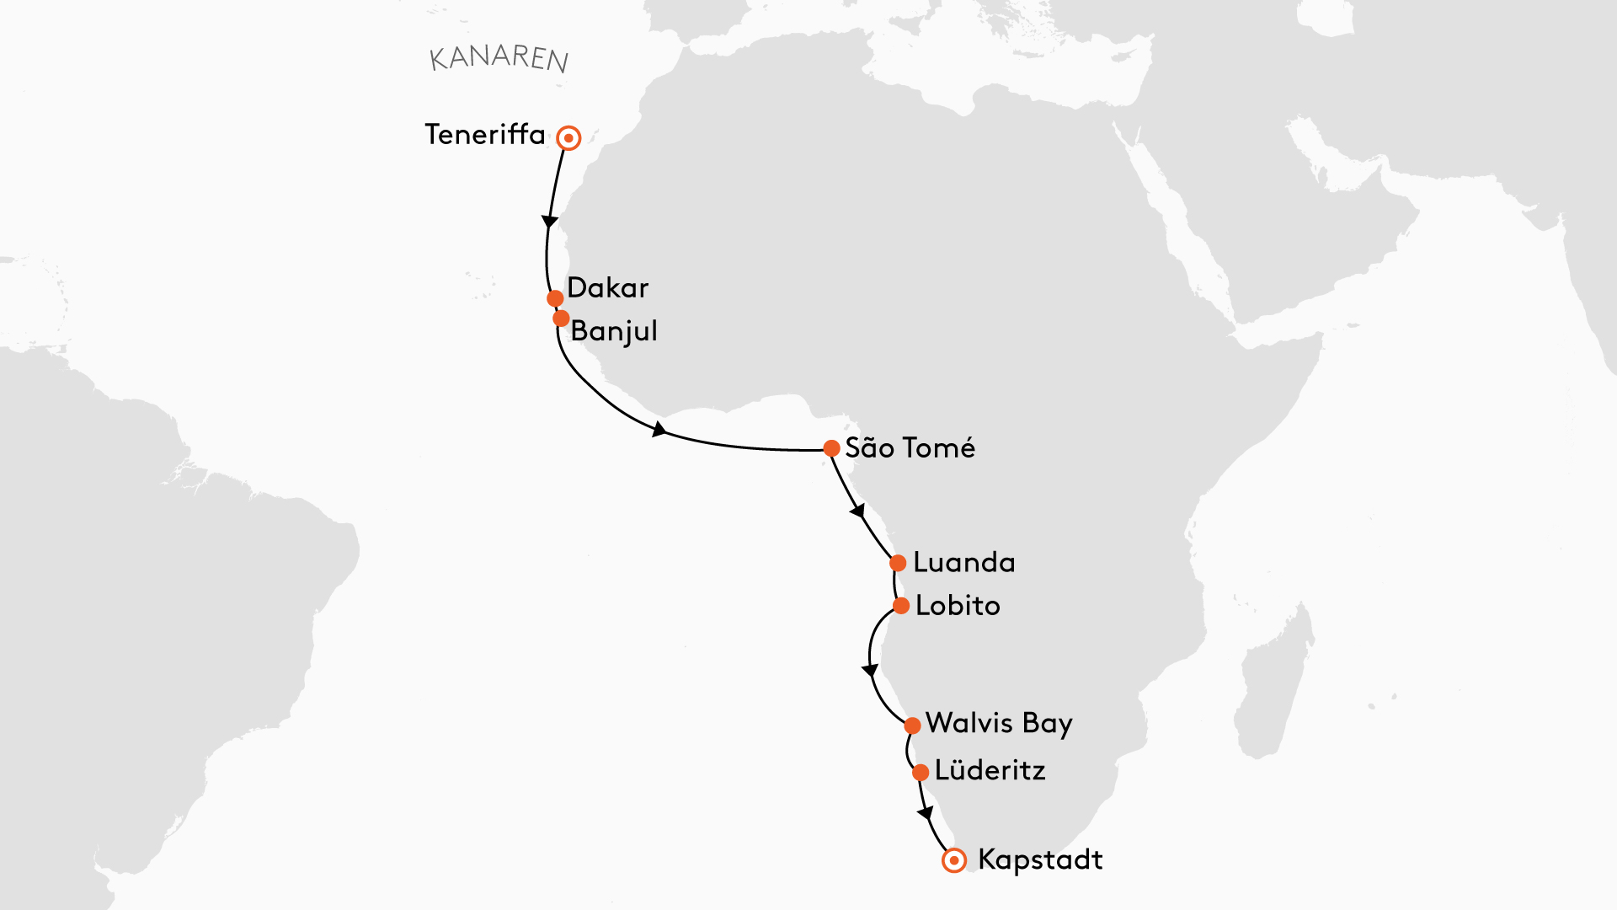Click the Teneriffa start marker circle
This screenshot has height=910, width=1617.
point(569,138)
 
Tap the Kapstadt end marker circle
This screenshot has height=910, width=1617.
point(954,860)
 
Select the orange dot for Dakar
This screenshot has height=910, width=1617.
point(555,298)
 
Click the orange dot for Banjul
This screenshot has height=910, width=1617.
point(561,318)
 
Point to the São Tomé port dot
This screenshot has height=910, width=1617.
point(831,448)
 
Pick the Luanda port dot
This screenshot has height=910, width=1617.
point(898,563)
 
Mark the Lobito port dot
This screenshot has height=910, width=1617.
point(901,606)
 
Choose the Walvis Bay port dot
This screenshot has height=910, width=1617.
point(912,725)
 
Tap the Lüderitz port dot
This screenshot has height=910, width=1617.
point(921,772)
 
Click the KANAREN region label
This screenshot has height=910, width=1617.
point(499,57)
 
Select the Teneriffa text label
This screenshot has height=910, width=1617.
point(485,135)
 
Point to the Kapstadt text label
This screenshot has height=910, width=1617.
point(1040,860)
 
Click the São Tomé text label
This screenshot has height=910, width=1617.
point(910,448)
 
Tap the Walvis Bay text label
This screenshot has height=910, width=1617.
point(999,724)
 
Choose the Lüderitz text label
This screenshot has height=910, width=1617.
point(990,770)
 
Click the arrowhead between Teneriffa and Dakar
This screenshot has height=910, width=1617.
point(549,222)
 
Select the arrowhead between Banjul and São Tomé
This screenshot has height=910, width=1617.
point(659,430)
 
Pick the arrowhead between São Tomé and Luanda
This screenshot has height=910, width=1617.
point(857,511)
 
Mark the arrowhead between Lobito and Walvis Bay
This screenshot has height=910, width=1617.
point(870,671)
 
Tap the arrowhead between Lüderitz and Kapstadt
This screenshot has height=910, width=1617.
point(926,813)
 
